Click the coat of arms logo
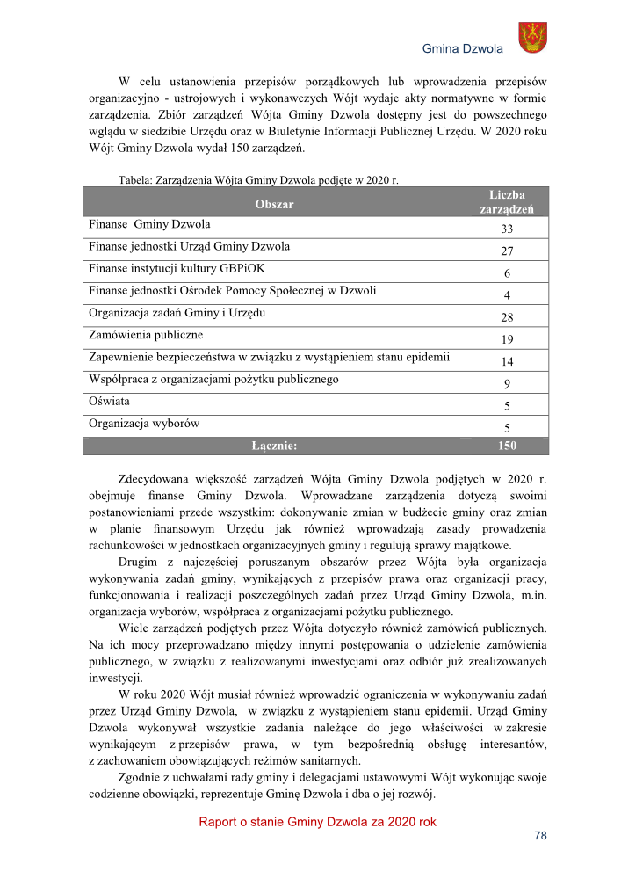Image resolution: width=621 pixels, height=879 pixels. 532,38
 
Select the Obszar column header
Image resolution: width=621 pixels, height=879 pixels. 274,204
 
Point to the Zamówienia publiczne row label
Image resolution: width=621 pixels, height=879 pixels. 146,335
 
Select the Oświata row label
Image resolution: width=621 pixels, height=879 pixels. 107,401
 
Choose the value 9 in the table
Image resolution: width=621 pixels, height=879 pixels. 507,384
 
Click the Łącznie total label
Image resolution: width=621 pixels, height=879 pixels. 274,446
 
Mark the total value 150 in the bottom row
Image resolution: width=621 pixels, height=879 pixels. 507,446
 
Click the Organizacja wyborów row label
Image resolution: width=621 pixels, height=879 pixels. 143,423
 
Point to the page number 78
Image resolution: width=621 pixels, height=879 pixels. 540,836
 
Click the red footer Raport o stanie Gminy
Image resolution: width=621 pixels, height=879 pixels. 317,822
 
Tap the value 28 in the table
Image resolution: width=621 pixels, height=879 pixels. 507,318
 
